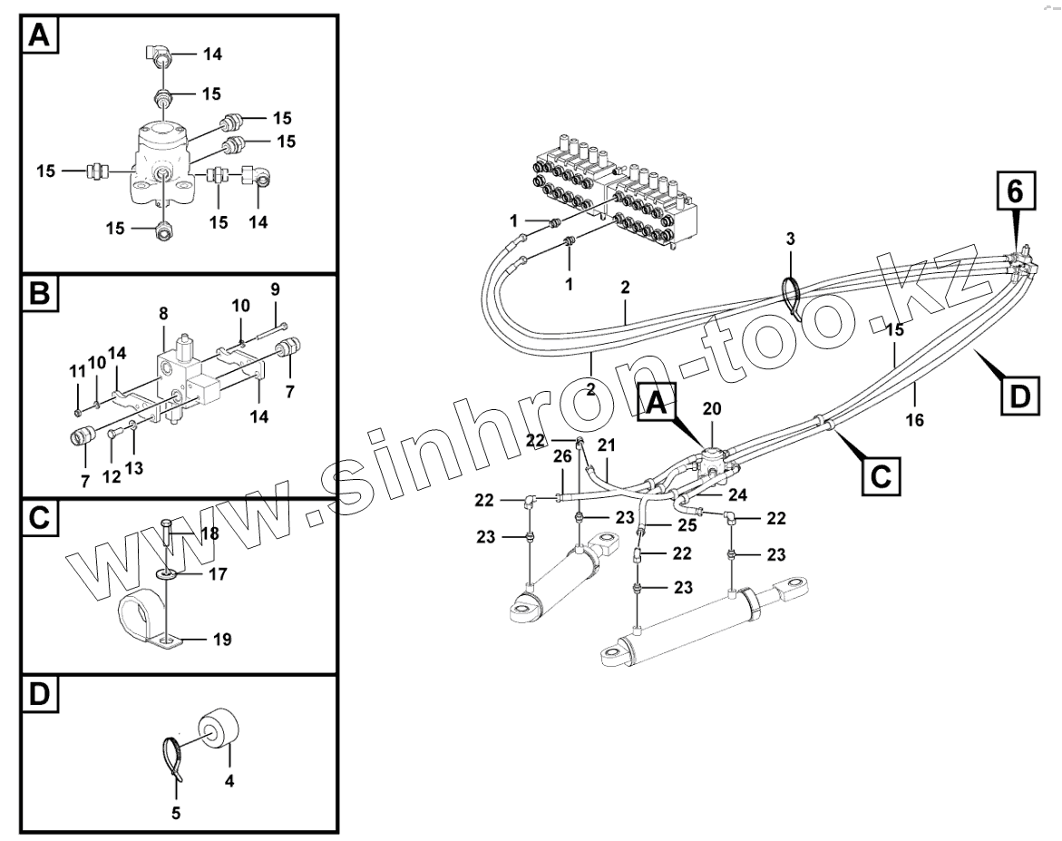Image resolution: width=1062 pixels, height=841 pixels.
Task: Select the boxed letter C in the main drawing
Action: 878,474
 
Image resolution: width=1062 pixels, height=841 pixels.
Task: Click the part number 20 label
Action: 712,409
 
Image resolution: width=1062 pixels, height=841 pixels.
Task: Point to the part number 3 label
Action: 790,240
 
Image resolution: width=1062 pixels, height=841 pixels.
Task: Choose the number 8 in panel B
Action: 163,314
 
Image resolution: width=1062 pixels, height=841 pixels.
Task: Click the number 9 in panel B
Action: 276,288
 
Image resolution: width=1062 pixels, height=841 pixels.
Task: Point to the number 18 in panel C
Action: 209,533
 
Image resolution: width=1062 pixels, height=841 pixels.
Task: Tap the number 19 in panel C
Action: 222,640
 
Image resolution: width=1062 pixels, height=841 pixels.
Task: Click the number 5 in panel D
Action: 176,813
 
